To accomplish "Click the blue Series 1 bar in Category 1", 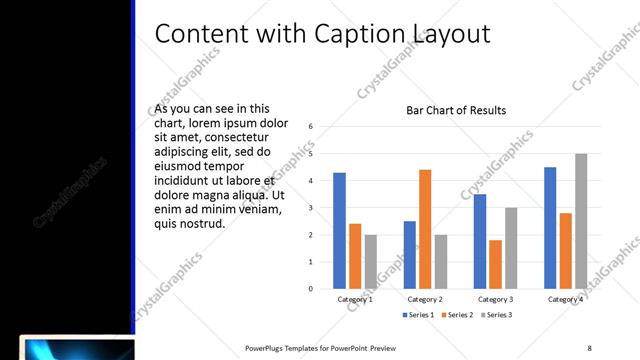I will [339, 231].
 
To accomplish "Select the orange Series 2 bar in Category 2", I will [425, 229].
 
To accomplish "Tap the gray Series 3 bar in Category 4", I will [581, 221].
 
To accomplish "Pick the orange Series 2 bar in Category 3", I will [495, 264].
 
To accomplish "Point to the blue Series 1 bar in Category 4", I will [550, 228].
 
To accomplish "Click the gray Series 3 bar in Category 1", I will [371, 262].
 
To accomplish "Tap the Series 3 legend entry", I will [495, 315].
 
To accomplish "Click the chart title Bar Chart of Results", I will [456, 110].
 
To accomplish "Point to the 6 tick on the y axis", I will [311, 127].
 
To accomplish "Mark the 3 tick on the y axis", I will [311, 208].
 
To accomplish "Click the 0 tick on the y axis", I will [311, 289].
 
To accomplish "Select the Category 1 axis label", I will [355, 299].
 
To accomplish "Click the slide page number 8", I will [589, 347].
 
